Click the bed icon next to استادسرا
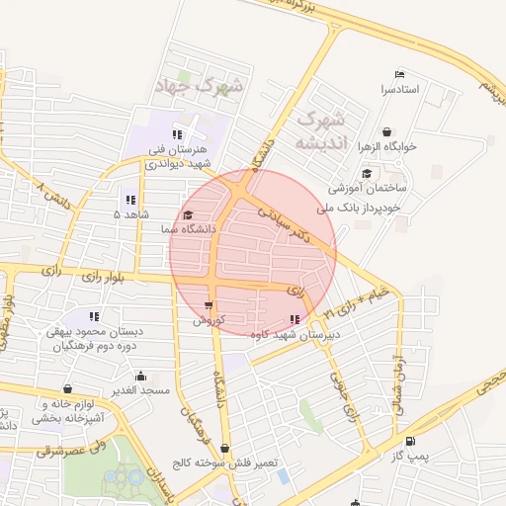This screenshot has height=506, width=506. (399, 75)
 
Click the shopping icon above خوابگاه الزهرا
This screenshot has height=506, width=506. (385, 131)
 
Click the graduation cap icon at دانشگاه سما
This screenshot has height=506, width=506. (188, 213)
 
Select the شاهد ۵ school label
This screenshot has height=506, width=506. (130, 214)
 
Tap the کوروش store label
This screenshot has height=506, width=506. (209, 320)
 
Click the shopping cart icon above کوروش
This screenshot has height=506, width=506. (209, 305)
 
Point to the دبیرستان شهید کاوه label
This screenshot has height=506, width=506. (293, 334)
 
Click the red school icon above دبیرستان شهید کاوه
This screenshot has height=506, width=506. (295, 318)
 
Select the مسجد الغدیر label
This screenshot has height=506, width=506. (140, 390)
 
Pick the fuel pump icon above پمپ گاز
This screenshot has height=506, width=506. (409, 442)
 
